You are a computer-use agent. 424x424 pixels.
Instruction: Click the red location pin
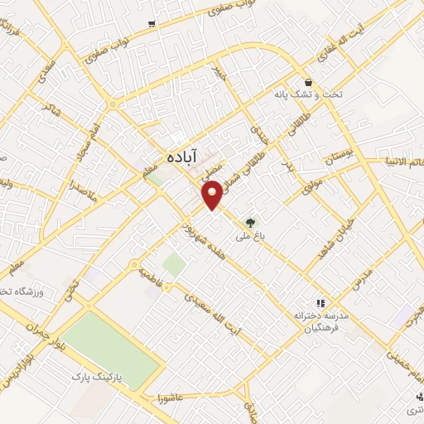pyautogui.click(x=213, y=194)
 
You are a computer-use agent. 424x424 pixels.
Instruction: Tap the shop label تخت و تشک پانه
pyautogui.click(x=308, y=95)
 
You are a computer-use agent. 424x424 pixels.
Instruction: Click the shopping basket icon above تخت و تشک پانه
pyautogui.click(x=309, y=82)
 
